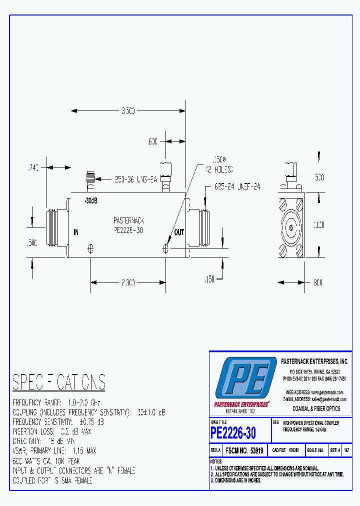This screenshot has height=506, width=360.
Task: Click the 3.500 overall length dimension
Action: point(127,111)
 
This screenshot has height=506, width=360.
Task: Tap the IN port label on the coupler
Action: point(76,232)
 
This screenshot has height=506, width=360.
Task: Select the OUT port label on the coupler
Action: point(179,232)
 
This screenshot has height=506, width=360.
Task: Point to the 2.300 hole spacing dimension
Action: point(128,283)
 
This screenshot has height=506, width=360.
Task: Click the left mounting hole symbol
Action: point(91,248)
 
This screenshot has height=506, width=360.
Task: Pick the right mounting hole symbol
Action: point(166,248)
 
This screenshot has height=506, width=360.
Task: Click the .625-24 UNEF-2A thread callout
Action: point(237,186)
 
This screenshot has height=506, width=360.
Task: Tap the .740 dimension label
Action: point(33,168)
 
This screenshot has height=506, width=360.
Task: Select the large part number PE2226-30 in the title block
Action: point(233,432)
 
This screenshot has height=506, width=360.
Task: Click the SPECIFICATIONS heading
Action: point(59,382)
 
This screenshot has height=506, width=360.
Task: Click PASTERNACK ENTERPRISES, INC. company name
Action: point(314,360)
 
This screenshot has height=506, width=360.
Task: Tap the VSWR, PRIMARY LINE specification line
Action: point(54,450)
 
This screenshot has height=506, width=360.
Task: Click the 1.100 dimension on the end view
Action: point(319,225)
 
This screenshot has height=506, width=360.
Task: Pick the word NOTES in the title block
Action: point(216,461)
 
